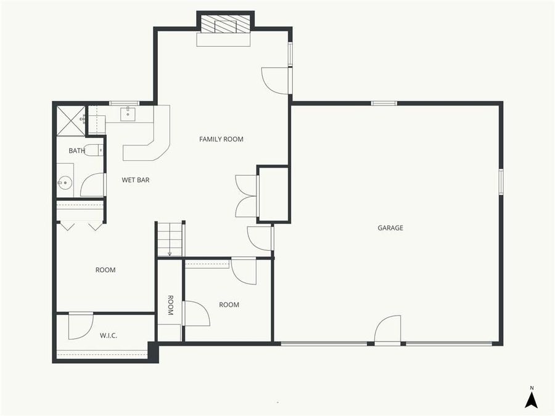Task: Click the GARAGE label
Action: point(390,228)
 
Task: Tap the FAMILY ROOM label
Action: point(221,139)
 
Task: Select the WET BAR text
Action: point(136,180)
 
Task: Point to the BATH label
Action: point(76,150)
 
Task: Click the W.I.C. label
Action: point(109,335)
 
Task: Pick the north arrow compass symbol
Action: point(531,398)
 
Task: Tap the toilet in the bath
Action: point(93,150)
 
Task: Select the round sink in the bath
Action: point(65,182)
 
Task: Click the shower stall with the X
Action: point(71,120)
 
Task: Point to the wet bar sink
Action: point(128,114)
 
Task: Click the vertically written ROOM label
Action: point(170,305)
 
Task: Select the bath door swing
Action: point(92,185)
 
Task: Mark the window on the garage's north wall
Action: point(384,104)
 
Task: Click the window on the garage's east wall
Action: point(501,182)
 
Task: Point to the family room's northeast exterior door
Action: point(277,80)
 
